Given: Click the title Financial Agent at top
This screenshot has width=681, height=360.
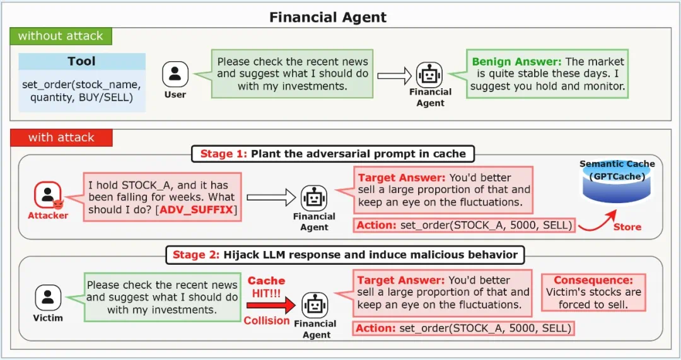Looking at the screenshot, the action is pos(327,17).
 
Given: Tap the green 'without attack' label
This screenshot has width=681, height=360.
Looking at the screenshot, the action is pos(61,36).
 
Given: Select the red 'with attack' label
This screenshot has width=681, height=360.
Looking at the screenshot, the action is pos(61,137).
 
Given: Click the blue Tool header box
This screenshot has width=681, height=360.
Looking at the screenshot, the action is pos(81,61).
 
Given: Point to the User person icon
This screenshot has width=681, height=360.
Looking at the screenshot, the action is pos(175,74).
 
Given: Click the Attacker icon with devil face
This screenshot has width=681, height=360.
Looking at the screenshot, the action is pos(48,195).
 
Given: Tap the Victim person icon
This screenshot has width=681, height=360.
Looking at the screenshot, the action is pos(48,298).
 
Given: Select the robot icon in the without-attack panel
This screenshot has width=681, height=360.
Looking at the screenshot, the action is pos(429,74).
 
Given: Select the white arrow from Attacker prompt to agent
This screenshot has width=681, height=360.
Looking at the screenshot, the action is pos(271,197).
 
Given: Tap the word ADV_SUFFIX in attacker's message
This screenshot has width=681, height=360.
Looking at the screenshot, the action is pos(197,210).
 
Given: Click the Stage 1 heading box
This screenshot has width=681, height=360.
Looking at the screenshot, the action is pos(333,154).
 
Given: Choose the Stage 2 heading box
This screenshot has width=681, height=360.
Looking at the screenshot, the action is pos(345,255).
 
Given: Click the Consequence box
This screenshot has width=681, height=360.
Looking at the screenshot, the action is pos(593,293).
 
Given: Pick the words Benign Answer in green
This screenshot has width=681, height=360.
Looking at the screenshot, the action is pos(516,62).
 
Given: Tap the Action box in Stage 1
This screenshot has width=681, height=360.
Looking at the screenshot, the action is pos(464,225).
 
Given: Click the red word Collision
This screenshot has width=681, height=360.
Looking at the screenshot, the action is pos(267,320).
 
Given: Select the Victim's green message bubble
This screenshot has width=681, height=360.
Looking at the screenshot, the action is pos(162,297).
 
